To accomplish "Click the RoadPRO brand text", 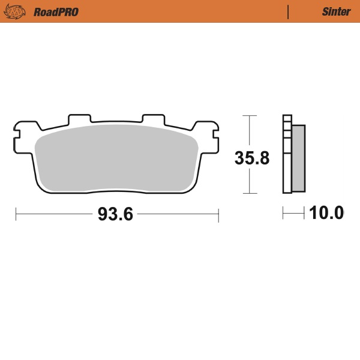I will tap(56, 11).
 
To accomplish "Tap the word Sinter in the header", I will tap(336, 11).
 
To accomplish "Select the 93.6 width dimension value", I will tap(115, 214).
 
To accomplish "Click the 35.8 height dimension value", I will tap(251, 158).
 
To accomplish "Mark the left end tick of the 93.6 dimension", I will tap(16, 214).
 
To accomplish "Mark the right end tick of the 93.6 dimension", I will tap(218, 214).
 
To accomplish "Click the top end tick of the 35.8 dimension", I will tap(249, 115).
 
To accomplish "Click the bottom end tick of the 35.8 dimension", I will tap(249, 193).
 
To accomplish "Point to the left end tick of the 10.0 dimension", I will tap(283, 213).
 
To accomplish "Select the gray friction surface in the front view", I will tap(117, 159).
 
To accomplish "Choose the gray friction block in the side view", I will tap(298, 158).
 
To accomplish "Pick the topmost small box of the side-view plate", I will tap(287, 119).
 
